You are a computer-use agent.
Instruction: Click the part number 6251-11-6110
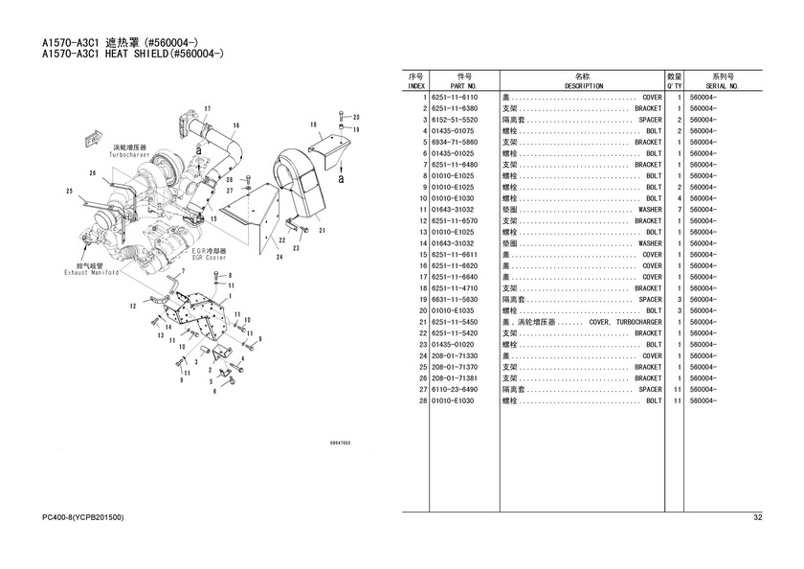(455, 97)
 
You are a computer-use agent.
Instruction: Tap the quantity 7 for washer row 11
(678, 209)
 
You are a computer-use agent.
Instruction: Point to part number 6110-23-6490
(455, 390)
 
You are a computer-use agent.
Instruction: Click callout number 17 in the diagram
(207, 107)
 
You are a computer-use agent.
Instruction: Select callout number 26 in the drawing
(93, 173)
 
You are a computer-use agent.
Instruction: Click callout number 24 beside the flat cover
(279, 257)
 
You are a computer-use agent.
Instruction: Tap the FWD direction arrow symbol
(93, 140)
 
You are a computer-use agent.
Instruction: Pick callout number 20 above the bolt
(356, 117)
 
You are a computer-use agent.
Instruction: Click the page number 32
(757, 518)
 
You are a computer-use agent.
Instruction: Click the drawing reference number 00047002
(340, 443)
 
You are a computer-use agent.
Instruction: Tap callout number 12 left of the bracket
(132, 306)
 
